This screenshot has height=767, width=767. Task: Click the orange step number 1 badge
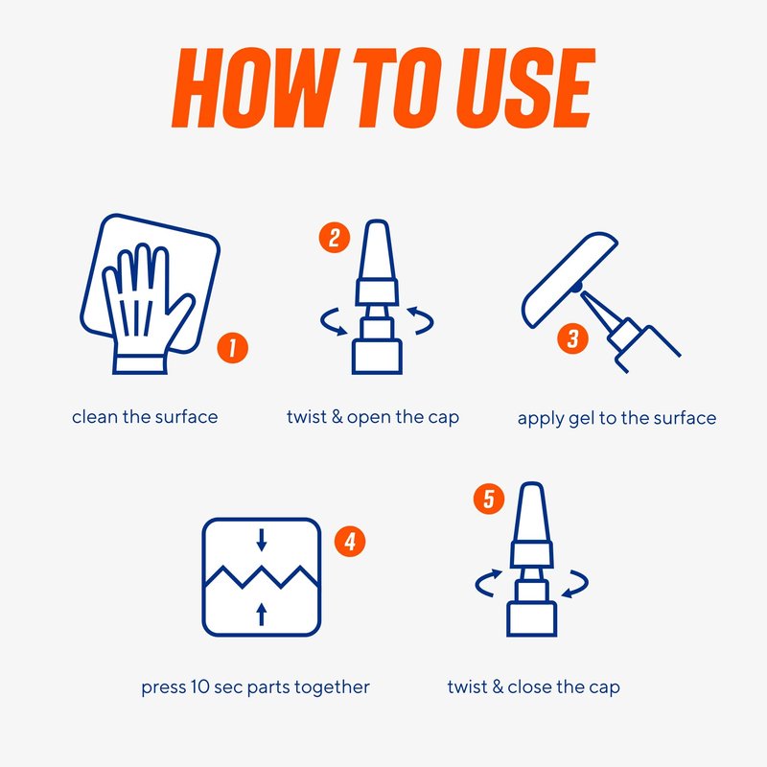pyautogui.click(x=232, y=348)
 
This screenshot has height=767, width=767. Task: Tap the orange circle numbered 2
pyautogui.click(x=335, y=238)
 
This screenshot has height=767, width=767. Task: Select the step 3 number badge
pyautogui.click(x=572, y=338)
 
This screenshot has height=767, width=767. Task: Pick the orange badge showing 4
pyautogui.click(x=350, y=542)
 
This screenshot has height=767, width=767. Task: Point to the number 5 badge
pyautogui.click(x=489, y=499)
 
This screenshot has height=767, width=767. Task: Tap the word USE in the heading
pyautogui.click(x=525, y=87)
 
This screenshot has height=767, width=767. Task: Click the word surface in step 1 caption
pyautogui.click(x=186, y=417)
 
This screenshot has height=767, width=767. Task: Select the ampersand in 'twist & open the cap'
pyautogui.click(x=337, y=417)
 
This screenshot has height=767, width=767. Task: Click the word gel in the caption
pyautogui.click(x=581, y=419)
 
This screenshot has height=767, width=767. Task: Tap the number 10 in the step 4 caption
pyautogui.click(x=200, y=686)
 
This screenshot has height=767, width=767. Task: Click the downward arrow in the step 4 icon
pyautogui.click(x=262, y=540)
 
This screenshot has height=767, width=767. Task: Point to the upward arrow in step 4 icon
pyautogui.click(x=262, y=614)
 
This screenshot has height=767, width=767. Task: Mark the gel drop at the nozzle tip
pyautogui.click(x=578, y=287)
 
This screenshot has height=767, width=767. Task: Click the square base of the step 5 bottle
pyautogui.click(x=532, y=619)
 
